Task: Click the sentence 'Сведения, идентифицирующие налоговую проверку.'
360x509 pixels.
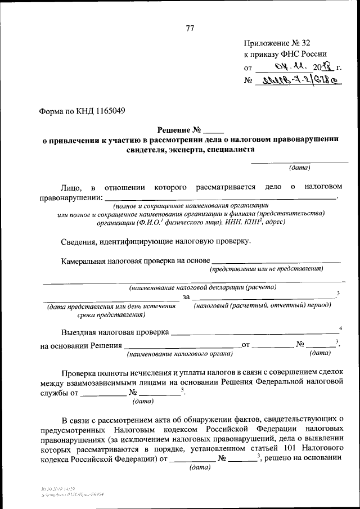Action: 156,241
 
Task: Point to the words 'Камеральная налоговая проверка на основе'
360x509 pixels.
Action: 136,260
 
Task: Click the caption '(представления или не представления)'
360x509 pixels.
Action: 266,269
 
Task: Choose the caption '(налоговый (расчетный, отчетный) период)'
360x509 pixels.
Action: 262,305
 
